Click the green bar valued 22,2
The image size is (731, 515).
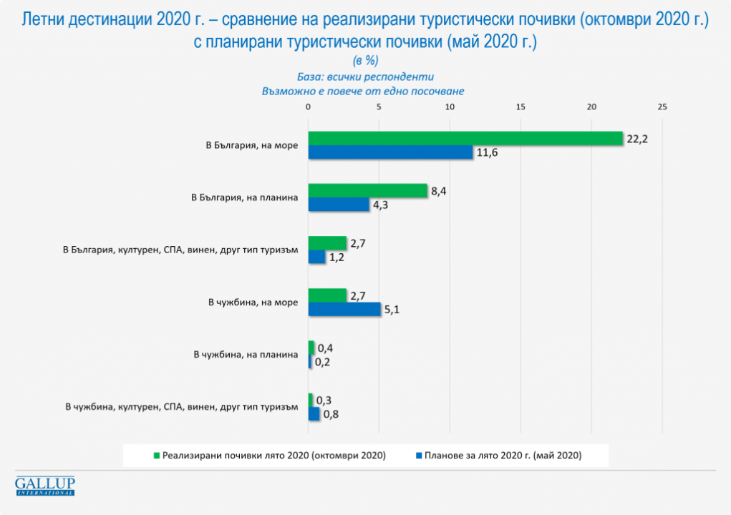coord(465,139)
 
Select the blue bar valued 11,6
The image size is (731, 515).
coord(390,152)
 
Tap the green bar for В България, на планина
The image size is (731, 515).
coord(367,191)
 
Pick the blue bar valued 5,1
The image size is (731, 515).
coord(344,310)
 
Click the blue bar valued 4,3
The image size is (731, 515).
coord(338,205)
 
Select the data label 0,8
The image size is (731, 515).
coord(331,413)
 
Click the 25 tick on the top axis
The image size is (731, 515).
coord(662,107)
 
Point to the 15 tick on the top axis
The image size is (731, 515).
coord(521,107)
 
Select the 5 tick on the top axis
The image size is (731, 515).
coord(379,107)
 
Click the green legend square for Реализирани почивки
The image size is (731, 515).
coord(155,455)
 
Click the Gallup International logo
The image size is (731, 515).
coord(45,486)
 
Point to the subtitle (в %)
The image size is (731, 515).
coord(365,60)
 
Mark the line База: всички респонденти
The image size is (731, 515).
coord(365,76)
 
